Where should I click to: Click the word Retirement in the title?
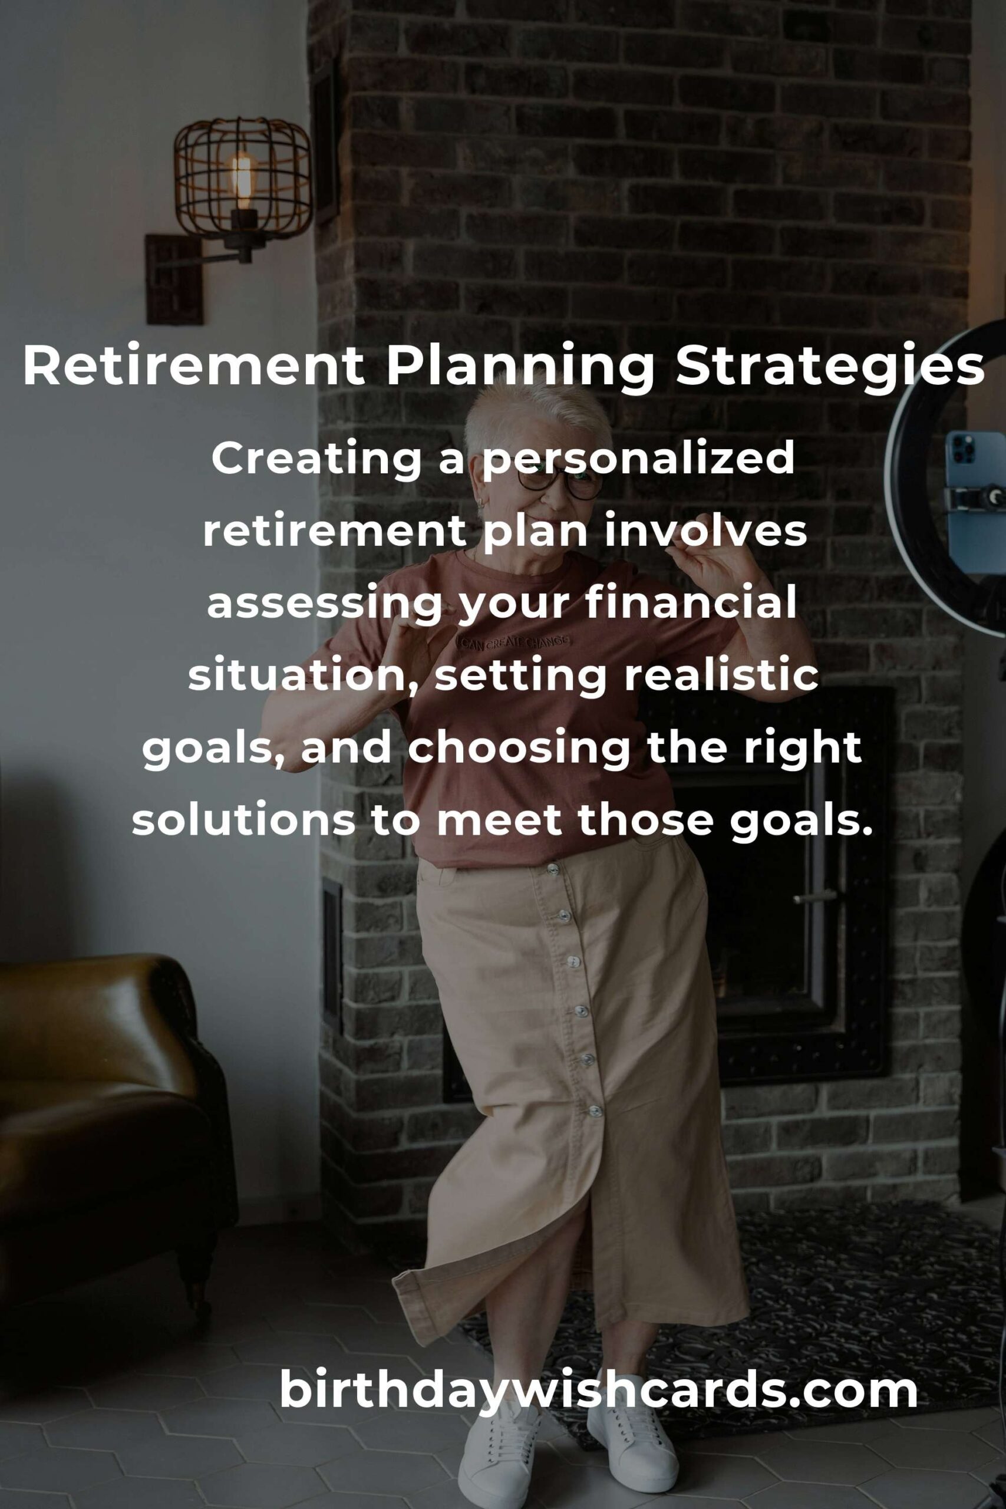[193, 366]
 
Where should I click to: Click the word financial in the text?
[690, 604]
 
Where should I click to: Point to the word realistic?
[721, 676]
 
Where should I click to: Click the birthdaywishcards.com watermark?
[599, 1391]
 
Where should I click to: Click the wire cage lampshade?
[243, 179]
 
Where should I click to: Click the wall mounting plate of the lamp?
[173, 280]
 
